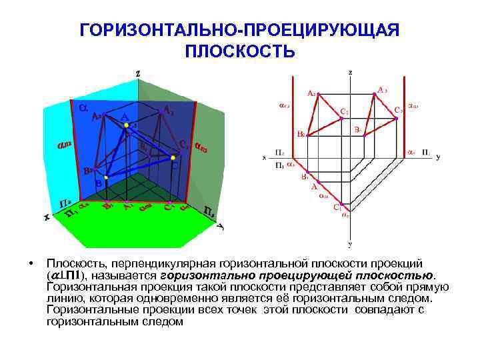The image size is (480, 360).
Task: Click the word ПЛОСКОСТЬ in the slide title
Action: coord(239,51)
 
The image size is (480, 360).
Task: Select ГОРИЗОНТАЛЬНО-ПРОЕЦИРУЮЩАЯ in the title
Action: coord(239,31)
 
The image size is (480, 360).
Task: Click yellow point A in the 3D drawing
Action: coord(125,125)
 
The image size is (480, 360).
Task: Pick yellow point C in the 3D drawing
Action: coord(173,157)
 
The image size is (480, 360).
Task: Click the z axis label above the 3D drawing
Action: coord(138,73)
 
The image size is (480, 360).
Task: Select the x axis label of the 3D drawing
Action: coord(47,217)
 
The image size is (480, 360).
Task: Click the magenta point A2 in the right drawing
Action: coord(319,93)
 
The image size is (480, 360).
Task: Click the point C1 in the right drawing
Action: coord(341,203)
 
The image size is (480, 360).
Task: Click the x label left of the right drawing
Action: coord(264,158)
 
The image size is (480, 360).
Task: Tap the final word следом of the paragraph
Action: coord(162,321)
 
